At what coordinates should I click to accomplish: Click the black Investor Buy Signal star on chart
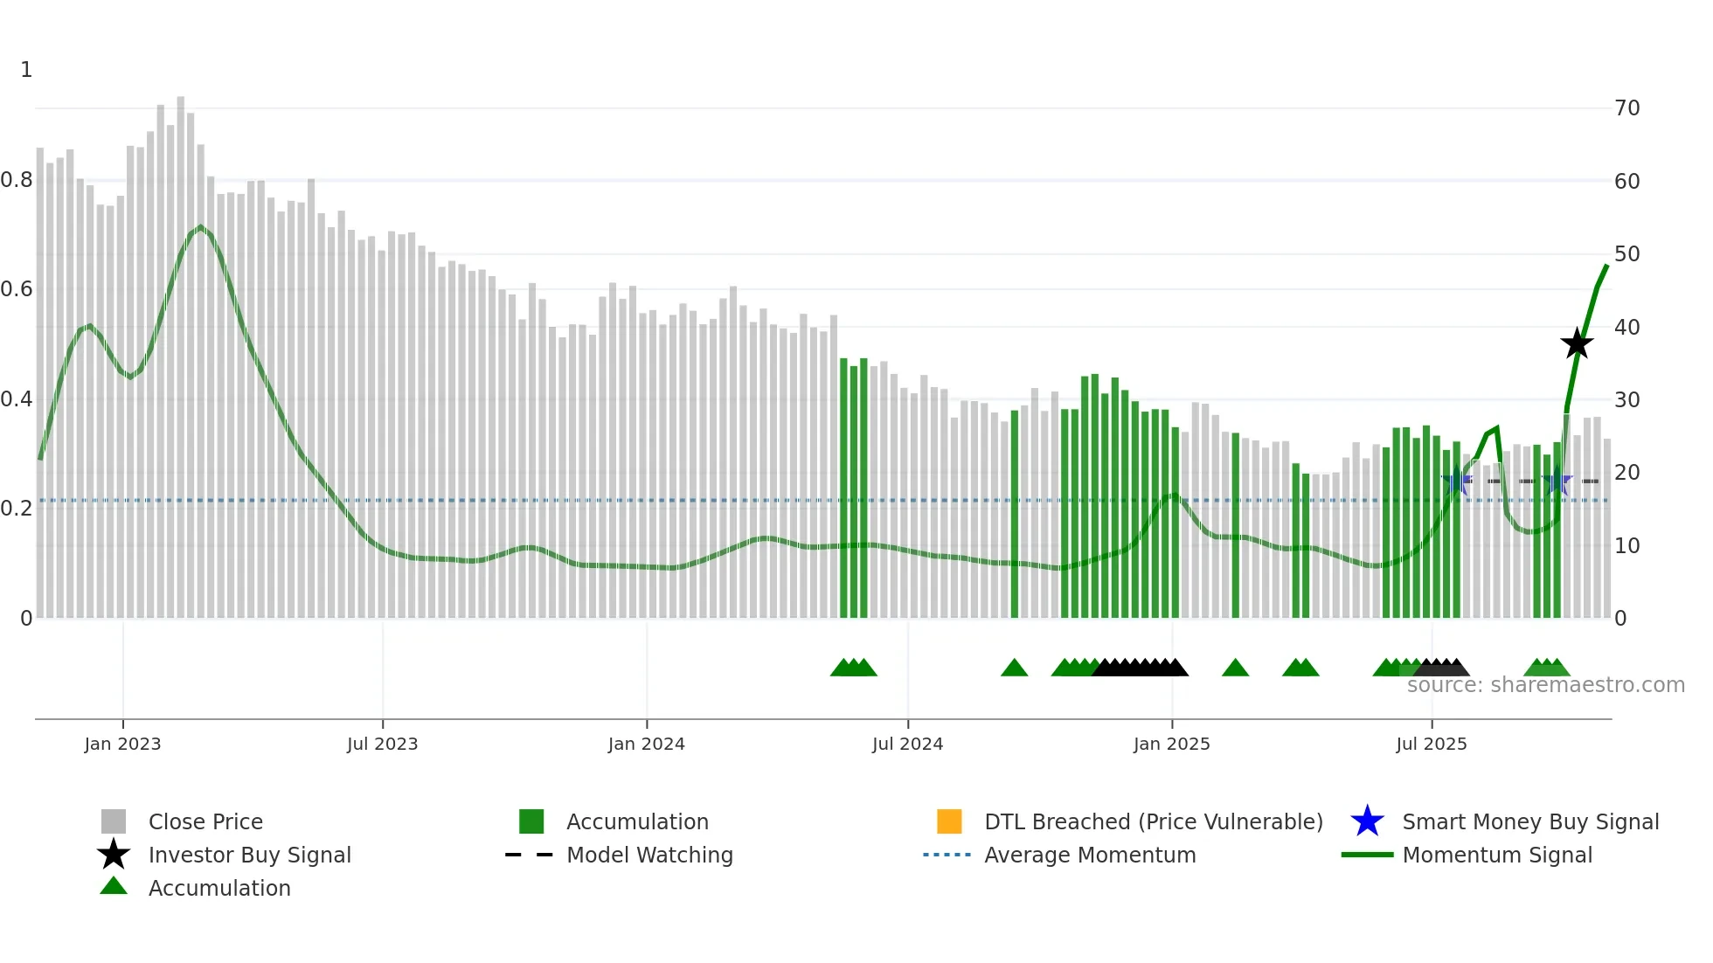tap(1577, 344)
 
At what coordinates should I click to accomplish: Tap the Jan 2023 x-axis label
tap(122, 744)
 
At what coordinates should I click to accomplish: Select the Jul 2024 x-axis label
tap(907, 744)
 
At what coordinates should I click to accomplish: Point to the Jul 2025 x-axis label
tap(1431, 744)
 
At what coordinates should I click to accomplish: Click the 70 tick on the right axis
tap(1626, 108)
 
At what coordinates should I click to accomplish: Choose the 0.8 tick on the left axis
tap(17, 180)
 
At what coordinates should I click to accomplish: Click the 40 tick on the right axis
tap(1626, 327)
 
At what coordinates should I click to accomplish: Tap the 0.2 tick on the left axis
tap(17, 508)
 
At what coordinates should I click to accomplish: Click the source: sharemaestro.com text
tap(1545, 685)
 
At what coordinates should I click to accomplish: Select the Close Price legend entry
tap(205, 821)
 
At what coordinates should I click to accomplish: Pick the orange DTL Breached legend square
tap(949, 821)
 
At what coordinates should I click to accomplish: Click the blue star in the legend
tap(1367, 821)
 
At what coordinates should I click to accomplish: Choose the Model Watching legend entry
tap(649, 855)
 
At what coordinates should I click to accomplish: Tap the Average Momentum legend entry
tap(1089, 855)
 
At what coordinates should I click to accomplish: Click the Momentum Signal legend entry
tap(1496, 855)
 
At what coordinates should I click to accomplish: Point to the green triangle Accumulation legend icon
tap(114, 886)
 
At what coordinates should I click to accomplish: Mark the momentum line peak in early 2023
tap(201, 228)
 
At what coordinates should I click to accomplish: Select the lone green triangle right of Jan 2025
tap(1235, 669)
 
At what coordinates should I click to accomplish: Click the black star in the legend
tap(114, 855)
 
